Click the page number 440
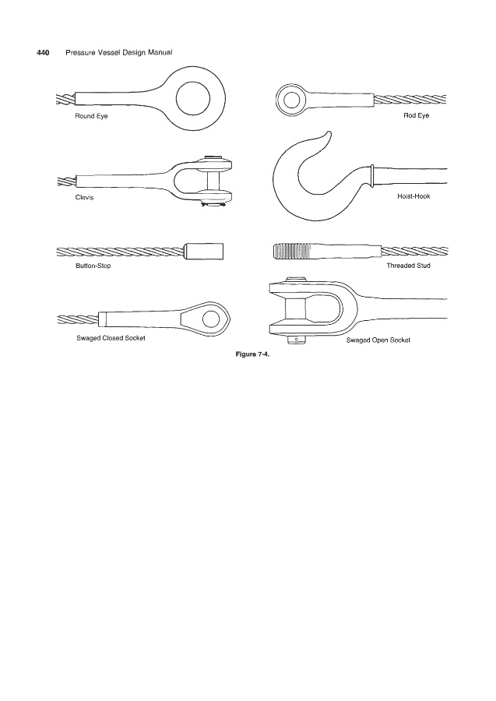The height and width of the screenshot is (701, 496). click(x=43, y=53)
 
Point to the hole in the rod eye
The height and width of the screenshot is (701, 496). click(x=291, y=100)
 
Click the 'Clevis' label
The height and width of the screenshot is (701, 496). click(x=74, y=197)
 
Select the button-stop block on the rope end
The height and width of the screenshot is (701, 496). click(x=205, y=252)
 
